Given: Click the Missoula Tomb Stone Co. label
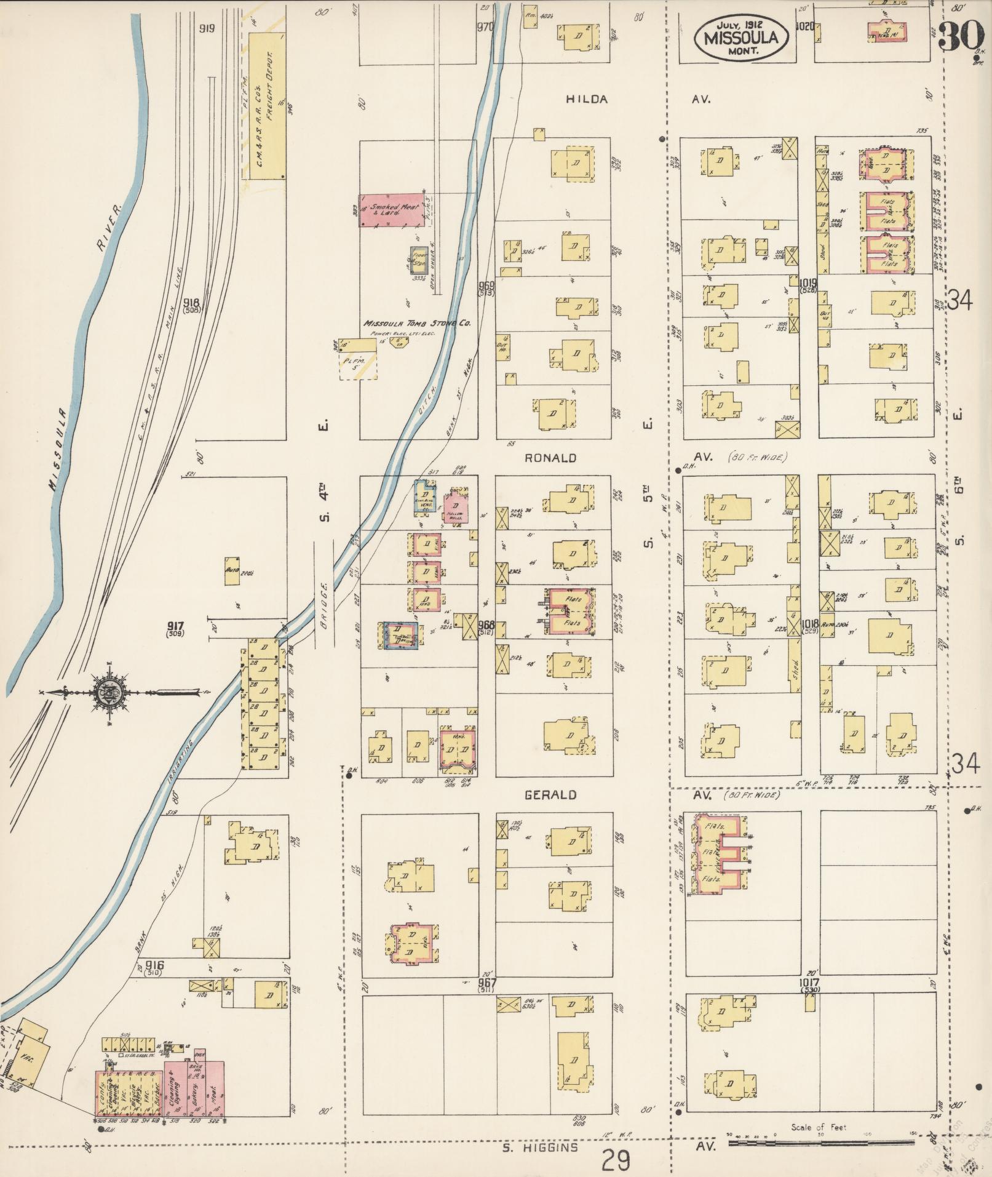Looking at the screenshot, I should pyautogui.click(x=417, y=324).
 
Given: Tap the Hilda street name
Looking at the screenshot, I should pyautogui.click(x=587, y=99).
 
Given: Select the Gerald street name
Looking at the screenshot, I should pyautogui.click(x=550, y=795).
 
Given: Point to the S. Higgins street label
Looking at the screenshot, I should pyautogui.click(x=540, y=1147).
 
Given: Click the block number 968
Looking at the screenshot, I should pyautogui.click(x=486, y=625).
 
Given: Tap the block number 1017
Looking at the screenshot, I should pyautogui.click(x=809, y=983).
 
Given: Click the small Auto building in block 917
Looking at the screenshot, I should pyautogui.click(x=232, y=570).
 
